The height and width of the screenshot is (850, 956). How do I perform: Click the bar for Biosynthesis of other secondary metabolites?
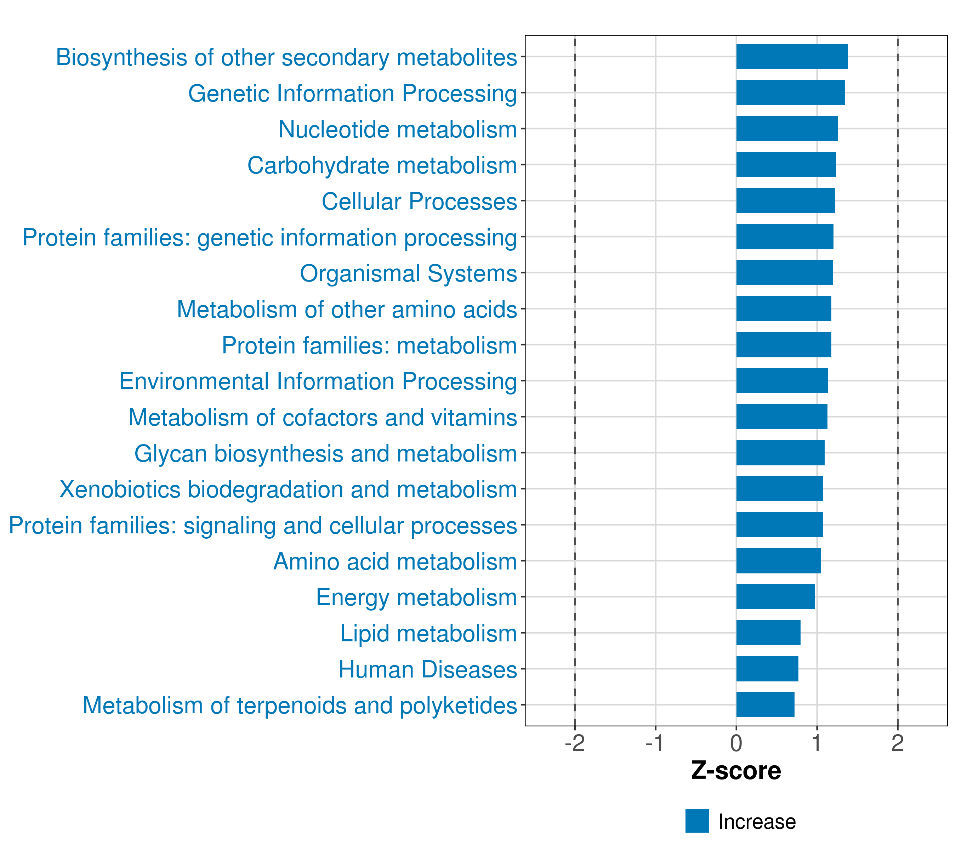pos(792,57)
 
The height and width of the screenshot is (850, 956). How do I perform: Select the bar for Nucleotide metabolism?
pos(787,129)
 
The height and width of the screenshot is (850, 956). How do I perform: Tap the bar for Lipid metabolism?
pos(768,633)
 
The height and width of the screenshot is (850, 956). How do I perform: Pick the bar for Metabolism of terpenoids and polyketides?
pos(765,704)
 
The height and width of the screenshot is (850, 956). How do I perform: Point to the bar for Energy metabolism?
pos(775,596)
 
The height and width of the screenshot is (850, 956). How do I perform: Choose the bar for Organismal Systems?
pos(784,273)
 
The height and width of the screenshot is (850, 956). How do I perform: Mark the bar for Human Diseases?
pos(767,669)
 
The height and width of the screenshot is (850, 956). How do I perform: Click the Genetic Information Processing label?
pos(352,93)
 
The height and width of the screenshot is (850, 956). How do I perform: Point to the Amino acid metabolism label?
pos(395,561)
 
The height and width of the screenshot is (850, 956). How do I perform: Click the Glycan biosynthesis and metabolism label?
pos(325,453)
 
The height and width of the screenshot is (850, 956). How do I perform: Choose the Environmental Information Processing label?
pos(318,381)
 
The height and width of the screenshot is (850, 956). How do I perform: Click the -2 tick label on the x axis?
pos(575,743)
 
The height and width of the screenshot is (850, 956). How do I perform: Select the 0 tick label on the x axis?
pos(736,743)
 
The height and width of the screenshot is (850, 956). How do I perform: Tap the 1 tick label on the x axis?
pos(816,743)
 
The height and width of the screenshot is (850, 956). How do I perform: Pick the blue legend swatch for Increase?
pos(697,821)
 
